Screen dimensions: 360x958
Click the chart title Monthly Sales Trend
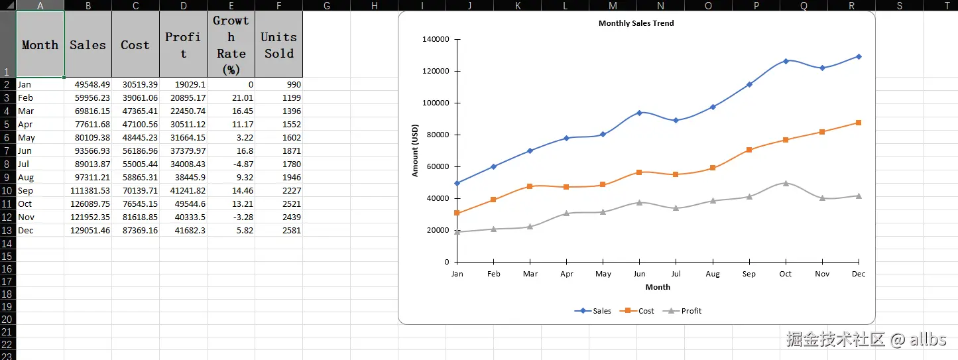click(636, 23)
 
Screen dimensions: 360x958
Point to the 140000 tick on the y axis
click(435, 39)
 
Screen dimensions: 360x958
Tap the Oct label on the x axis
click(786, 274)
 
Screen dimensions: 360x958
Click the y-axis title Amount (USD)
click(416, 150)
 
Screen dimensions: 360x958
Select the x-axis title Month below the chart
click(658, 287)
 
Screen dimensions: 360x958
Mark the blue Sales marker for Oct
click(786, 61)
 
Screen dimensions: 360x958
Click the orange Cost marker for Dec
click(859, 123)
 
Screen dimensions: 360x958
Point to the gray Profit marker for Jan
click(457, 232)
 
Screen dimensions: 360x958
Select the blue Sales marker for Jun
click(639, 113)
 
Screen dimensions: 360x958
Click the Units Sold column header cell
click(278, 44)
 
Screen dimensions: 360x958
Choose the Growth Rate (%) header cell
click(231, 44)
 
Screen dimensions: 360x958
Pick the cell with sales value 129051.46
click(88, 230)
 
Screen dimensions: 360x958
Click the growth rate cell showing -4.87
click(231, 164)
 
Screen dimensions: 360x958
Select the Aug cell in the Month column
click(40, 177)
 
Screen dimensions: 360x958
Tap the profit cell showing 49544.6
click(183, 204)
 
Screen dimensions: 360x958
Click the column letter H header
click(374, 5)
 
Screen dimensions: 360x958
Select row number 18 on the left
click(7, 294)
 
